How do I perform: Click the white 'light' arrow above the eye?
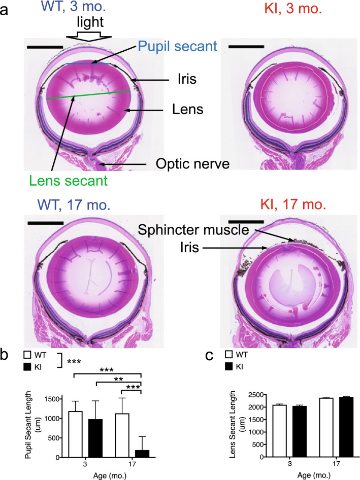pyautogui.click(x=85, y=37)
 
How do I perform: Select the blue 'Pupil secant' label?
pyautogui.click(x=177, y=46)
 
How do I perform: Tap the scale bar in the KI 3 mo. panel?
pyautogui.click(x=246, y=46)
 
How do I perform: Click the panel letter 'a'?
pyautogui.click(x=5, y=10)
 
